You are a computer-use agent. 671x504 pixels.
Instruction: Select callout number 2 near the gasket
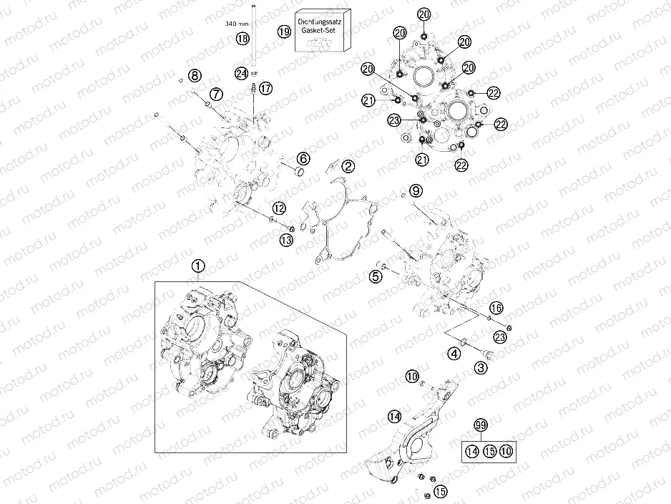348,166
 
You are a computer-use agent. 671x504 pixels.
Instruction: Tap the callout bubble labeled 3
481,367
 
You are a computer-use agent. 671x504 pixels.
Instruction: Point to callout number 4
454,352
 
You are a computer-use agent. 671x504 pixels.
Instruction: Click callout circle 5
376,275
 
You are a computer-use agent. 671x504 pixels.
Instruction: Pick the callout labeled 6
303,158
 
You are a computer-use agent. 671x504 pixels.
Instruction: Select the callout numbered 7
216,93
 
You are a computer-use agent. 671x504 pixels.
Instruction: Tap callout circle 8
195,75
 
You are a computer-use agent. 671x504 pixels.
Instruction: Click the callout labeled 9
416,190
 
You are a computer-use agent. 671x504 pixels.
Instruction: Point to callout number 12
278,208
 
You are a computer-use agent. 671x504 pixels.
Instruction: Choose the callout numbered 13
286,240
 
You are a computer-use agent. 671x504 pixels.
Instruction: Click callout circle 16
496,308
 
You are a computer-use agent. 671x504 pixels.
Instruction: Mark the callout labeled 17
265,88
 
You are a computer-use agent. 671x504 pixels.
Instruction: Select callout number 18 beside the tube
243,38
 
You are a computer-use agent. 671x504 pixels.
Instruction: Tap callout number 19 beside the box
284,31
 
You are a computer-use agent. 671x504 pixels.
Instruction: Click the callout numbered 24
242,73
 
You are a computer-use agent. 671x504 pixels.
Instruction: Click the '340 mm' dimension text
236,24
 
